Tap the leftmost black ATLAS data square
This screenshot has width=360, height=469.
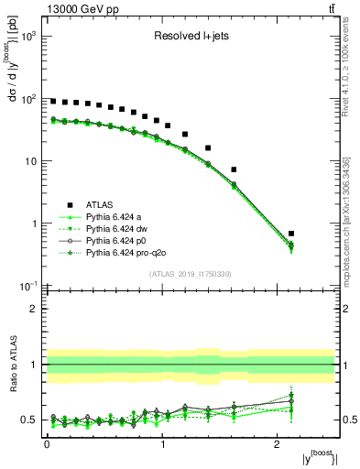(x=53, y=102)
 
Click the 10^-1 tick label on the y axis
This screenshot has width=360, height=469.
(x=27, y=286)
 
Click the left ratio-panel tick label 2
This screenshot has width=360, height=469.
(x=35, y=309)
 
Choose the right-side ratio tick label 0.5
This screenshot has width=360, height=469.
(x=347, y=420)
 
